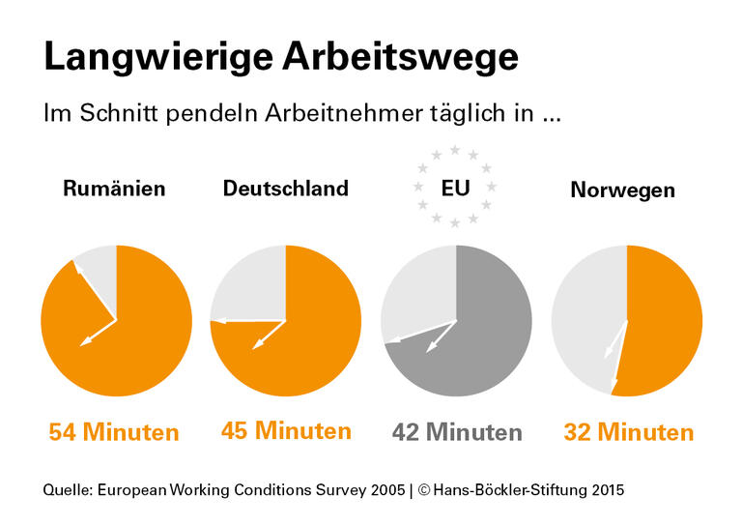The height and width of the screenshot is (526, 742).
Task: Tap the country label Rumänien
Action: click(x=114, y=189)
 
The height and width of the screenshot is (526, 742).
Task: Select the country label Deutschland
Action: click(x=285, y=189)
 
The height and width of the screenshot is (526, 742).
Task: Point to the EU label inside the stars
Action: click(x=455, y=188)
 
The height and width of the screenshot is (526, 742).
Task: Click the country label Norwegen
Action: click(x=622, y=190)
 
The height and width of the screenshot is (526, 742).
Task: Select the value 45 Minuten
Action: click(x=286, y=430)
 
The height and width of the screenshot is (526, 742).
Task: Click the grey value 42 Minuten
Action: click(x=457, y=432)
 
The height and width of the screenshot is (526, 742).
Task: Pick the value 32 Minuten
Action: click(x=628, y=432)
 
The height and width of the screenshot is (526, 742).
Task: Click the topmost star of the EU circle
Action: click(x=455, y=150)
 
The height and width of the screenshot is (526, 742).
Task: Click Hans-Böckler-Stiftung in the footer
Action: click(x=507, y=490)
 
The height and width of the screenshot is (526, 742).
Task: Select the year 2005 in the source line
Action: click(x=385, y=490)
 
